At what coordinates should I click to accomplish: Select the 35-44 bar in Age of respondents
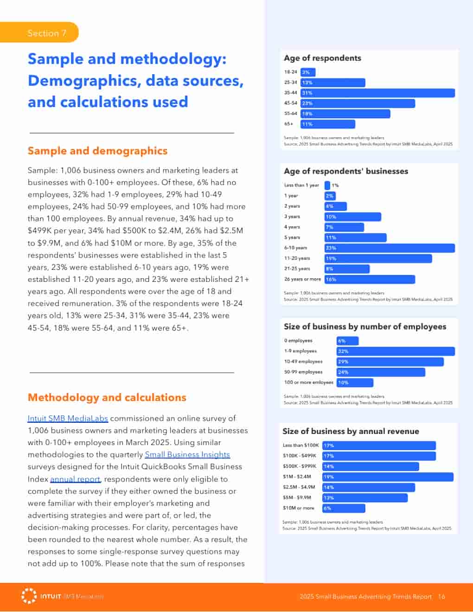coord(377,93)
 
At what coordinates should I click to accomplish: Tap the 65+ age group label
coord(289,124)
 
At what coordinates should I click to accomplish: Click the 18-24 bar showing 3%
coord(308,72)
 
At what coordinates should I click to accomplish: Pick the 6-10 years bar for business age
coord(390,248)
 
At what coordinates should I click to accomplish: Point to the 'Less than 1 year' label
coord(301,185)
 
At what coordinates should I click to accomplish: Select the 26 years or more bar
coord(370,280)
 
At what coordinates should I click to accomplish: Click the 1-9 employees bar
coord(395,351)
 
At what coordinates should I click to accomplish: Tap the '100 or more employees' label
coord(308,382)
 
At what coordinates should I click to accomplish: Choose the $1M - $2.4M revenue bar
coord(388,477)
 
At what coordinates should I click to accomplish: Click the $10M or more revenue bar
coord(344,508)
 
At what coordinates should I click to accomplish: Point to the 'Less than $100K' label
coord(301,446)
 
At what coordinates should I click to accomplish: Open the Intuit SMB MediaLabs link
coord(68,418)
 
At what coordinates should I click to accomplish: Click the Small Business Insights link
coord(187,454)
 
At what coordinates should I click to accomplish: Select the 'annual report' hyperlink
coord(75,479)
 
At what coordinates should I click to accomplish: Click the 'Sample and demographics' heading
coord(97,151)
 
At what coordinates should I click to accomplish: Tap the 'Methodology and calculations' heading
coord(107,397)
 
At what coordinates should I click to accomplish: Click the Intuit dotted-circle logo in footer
coord(29,596)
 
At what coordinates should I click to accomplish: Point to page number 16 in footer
coord(441,597)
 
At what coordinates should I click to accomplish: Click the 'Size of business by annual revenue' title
coord(351,431)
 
